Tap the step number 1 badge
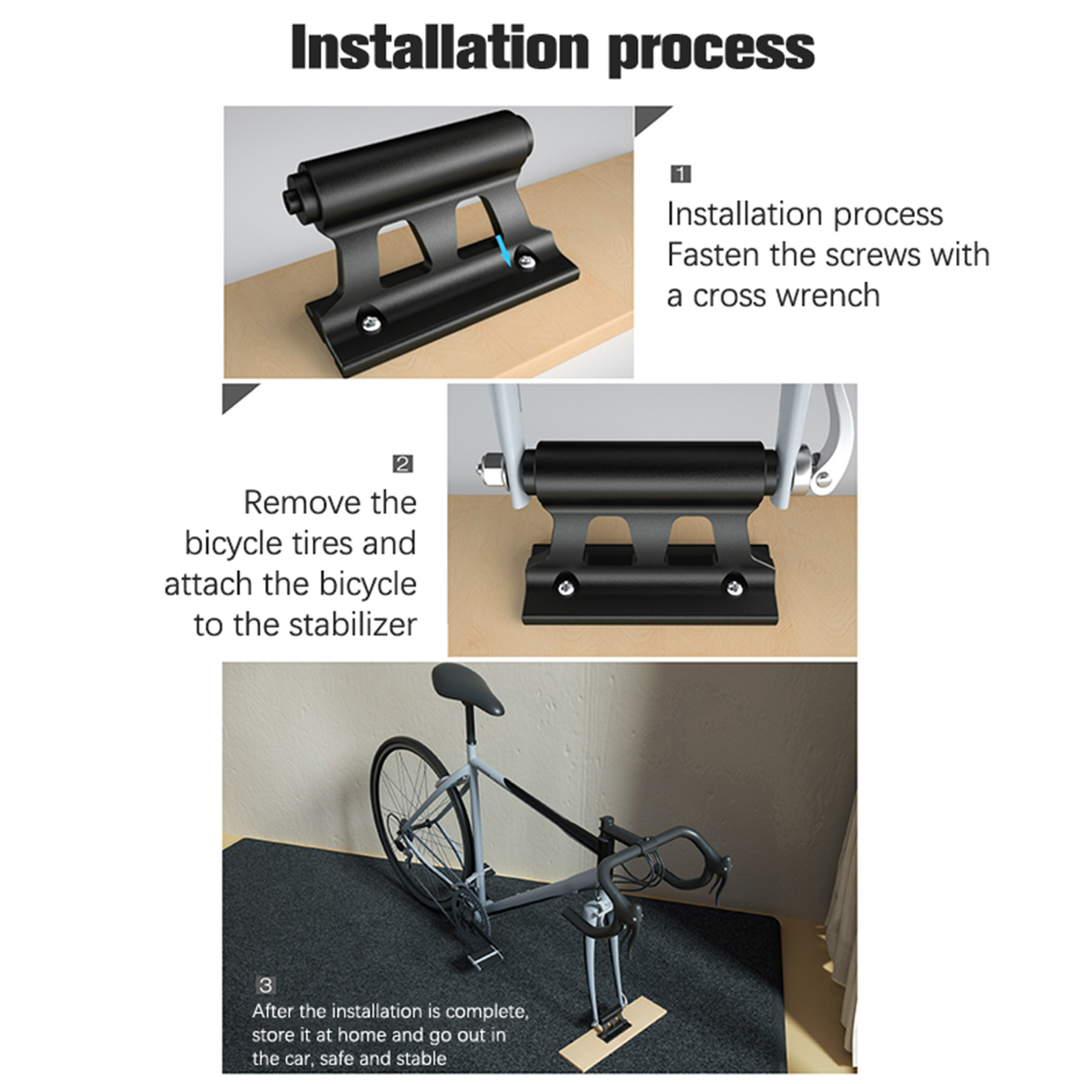tap(680, 174)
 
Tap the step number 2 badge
tap(402, 463)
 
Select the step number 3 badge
tap(266, 984)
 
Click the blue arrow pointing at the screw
tap(503, 251)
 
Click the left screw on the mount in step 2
tap(564, 584)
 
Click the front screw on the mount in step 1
tap(369, 320)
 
